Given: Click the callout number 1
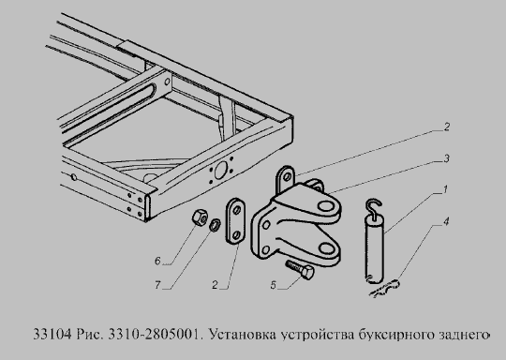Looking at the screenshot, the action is point(445,189).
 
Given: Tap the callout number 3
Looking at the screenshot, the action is point(446,158).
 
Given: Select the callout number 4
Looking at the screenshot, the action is point(446,221).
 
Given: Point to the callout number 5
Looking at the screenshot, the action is point(274,285).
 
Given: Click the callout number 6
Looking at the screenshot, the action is point(157,261).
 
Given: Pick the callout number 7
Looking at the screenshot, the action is point(157,285).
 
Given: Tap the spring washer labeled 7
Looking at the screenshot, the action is point(215,225).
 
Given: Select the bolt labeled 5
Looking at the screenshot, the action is point(300,270).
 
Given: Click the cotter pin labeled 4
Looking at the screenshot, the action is point(385,288).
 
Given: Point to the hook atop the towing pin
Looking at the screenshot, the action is point(374,208).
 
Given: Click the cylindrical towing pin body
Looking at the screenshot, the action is point(375,249).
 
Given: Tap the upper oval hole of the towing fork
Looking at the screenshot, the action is point(326,206).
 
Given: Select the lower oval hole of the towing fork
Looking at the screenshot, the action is point(327,247).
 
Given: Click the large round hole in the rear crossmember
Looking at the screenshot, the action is point(221,170).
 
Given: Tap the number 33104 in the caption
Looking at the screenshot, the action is point(52,334).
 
